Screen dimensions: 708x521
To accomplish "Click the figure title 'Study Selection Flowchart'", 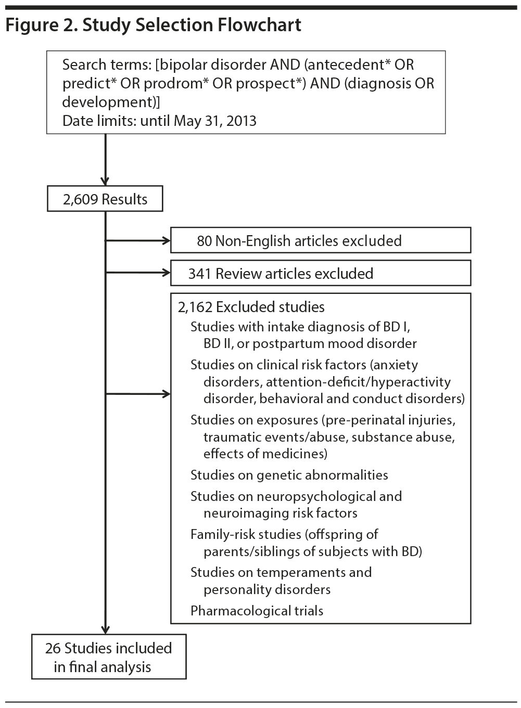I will click(x=192, y=25).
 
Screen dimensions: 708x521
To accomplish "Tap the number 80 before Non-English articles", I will click(x=204, y=241).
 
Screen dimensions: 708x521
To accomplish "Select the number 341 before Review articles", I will click(x=200, y=274).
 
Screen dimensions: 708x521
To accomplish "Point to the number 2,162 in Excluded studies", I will click(x=195, y=307).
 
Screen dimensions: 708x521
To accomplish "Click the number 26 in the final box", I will click(x=53, y=648).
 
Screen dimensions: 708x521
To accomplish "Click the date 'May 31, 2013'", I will click(x=215, y=121).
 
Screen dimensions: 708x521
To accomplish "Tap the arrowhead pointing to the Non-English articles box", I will click(x=167, y=240).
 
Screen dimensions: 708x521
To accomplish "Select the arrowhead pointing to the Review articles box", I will click(x=167, y=273).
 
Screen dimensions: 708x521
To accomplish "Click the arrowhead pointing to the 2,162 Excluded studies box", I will click(x=167, y=394).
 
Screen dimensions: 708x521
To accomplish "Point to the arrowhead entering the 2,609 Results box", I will click(x=106, y=182).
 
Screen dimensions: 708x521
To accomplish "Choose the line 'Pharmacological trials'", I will click(x=257, y=611).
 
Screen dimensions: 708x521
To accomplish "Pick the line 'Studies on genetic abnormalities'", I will click(x=289, y=475).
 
